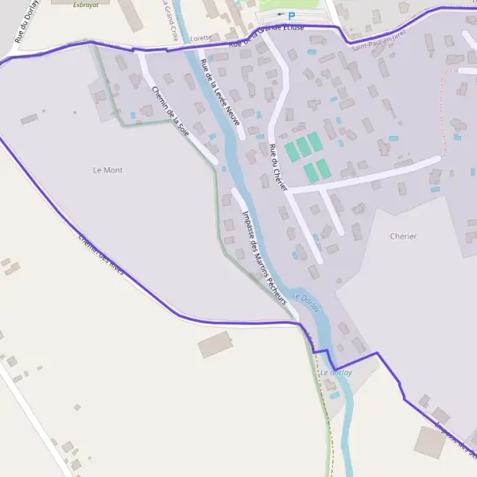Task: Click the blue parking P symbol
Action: tap(291, 16)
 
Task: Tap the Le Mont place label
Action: tap(108, 170)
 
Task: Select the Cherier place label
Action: tap(403, 236)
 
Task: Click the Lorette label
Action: tap(201, 37)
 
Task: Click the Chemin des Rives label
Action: tap(102, 255)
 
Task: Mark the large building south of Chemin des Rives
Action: tap(214, 344)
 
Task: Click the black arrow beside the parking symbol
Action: tap(280, 14)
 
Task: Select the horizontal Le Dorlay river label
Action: tap(335, 372)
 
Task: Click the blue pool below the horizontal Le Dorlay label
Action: tap(335, 395)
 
